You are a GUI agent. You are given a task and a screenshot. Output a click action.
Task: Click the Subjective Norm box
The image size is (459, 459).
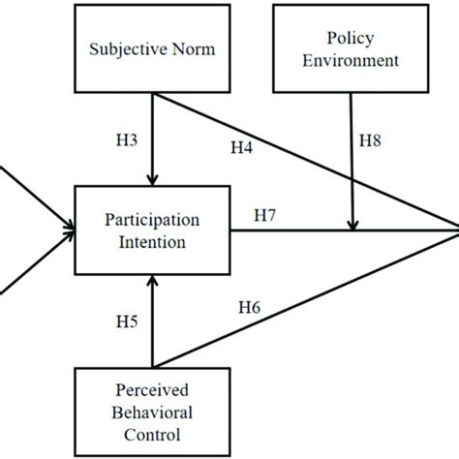(x=154, y=46)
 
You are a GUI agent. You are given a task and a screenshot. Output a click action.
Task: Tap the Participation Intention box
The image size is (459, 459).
(x=154, y=231)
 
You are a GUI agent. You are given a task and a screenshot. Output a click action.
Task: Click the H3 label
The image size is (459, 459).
(x=126, y=139)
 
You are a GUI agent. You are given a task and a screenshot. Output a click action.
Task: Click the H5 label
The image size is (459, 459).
(x=126, y=321)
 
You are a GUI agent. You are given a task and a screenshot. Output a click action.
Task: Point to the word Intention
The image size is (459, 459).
(x=154, y=242)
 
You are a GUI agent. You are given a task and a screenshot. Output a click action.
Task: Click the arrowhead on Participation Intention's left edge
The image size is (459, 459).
(x=74, y=231)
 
